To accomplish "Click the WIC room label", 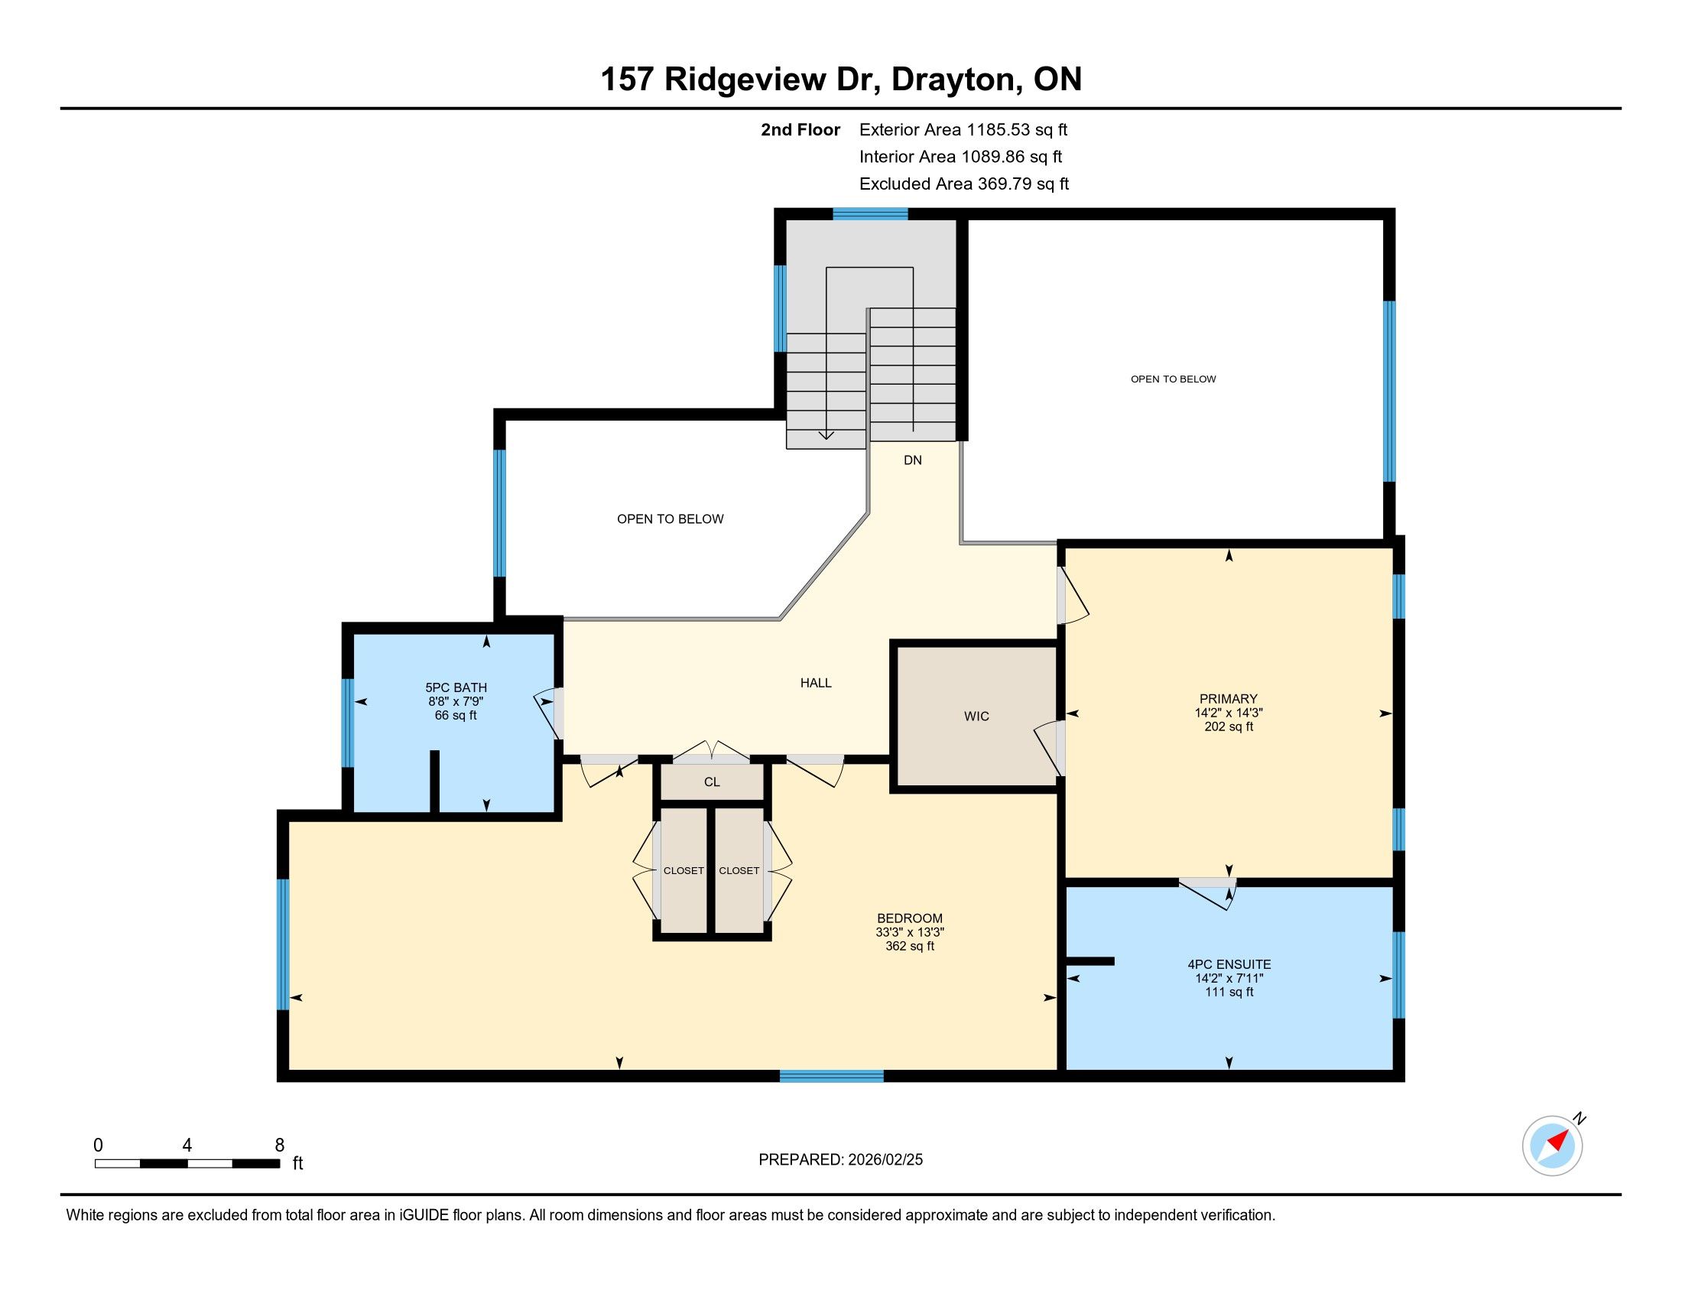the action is pyautogui.click(x=976, y=717).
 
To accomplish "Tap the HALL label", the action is pyautogui.click(x=816, y=682).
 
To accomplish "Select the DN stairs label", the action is pyautogui.click(x=913, y=460).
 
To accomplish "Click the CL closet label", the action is pyautogui.click(x=712, y=782).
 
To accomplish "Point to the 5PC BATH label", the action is pyautogui.click(x=456, y=687).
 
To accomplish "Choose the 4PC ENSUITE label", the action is pyautogui.click(x=1229, y=964).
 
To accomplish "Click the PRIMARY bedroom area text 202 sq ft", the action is pyautogui.click(x=1229, y=726).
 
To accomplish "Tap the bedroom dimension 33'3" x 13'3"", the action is pyautogui.click(x=910, y=932).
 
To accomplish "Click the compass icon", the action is pyautogui.click(x=1553, y=1146).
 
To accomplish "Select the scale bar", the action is pyautogui.click(x=187, y=1164).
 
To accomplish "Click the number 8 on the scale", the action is pyautogui.click(x=280, y=1146).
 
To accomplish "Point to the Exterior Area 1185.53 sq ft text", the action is pyautogui.click(x=963, y=129).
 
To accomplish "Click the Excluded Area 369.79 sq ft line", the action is pyautogui.click(x=964, y=184).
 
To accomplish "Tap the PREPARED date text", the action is pyautogui.click(x=840, y=1160).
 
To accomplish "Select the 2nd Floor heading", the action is pyautogui.click(x=800, y=129).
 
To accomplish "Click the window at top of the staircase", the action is pyautogui.click(x=870, y=214).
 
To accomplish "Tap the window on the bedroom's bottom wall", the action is pyautogui.click(x=832, y=1076).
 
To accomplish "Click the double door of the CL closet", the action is pyautogui.click(x=712, y=752).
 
